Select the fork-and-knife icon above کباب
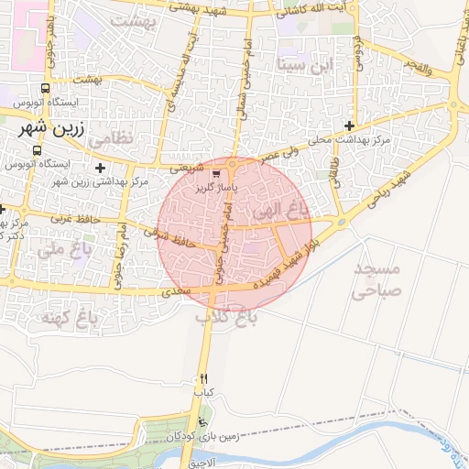click(x=203, y=377)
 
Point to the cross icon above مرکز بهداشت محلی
click(x=349, y=125)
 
